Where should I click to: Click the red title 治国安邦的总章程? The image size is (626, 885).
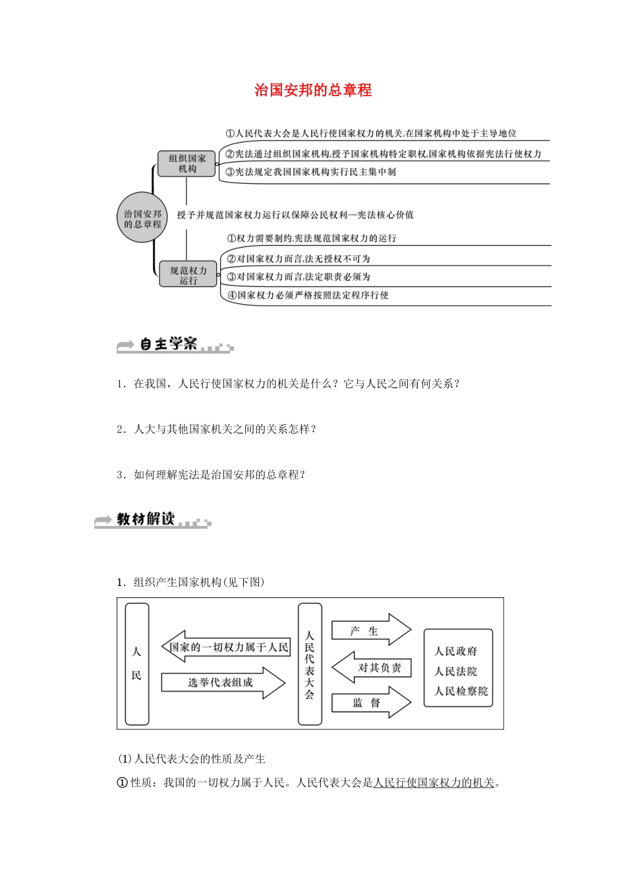(x=313, y=90)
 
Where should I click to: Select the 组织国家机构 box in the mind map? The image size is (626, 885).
(x=187, y=163)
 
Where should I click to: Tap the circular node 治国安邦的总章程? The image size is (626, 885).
(x=142, y=219)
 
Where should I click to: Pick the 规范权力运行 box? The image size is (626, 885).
(x=188, y=275)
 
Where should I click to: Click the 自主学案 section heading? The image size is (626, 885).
(x=169, y=344)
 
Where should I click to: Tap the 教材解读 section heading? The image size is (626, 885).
(x=146, y=520)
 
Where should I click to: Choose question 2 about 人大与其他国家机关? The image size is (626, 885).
(x=217, y=429)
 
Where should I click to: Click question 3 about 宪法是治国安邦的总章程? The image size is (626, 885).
(x=211, y=475)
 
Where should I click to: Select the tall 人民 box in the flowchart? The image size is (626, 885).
(x=137, y=664)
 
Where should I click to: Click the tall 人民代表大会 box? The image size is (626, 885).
(x=310, y=664)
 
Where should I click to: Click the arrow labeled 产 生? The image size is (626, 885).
(x=369, y=631)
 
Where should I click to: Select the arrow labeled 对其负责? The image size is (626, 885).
(x=374, y=668)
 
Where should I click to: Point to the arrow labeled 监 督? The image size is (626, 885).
(x=369, y=703)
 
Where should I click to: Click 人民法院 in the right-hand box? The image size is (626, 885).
(x=456, y=672)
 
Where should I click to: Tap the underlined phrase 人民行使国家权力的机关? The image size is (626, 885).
(x=434, y=782)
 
